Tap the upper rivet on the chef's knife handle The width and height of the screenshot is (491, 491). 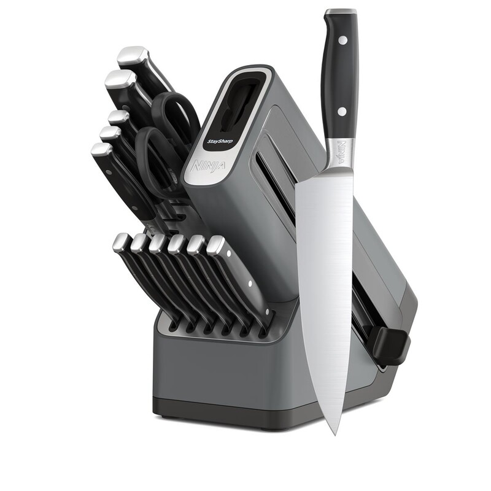342,40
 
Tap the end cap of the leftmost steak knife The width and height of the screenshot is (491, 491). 122,241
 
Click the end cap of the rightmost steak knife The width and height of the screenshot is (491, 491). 215,245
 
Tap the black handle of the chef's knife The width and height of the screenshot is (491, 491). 339,74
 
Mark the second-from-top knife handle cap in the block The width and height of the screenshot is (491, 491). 119,80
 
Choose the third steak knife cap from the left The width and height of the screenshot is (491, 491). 158,242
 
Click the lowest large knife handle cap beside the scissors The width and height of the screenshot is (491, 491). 102,151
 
